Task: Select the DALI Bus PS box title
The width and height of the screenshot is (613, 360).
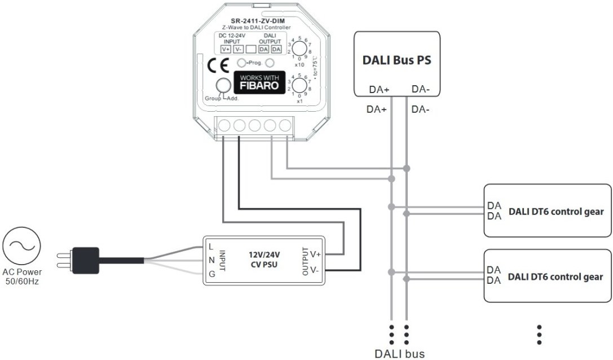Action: click(396, 60)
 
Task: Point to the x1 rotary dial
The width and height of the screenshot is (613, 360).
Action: click(301, 86)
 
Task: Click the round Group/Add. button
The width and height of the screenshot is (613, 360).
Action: click(223, 85)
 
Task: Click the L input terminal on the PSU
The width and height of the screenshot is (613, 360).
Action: click(210, 246)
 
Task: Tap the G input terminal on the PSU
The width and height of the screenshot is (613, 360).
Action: click(210, 274)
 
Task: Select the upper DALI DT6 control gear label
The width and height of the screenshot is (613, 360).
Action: click(555, 212)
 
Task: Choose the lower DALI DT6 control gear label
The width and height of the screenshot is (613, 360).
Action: click(555, 277)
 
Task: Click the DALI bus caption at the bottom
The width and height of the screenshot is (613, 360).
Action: click(399, 354)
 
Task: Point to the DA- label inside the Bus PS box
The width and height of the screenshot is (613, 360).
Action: click(422, 89)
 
